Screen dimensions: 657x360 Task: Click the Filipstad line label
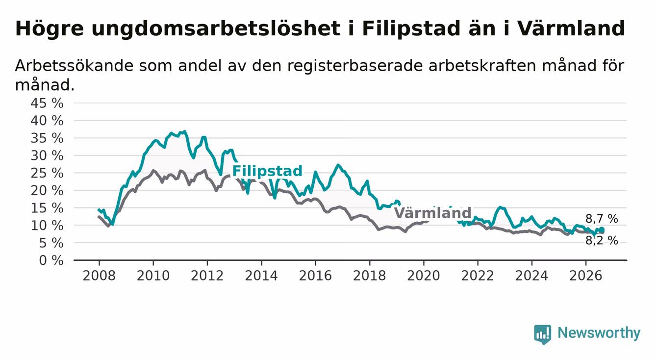(x=267, y=171)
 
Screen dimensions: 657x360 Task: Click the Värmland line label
(x=432, y=213)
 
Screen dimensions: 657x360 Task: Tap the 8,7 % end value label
(x=602, y=219)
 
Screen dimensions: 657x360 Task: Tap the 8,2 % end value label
(x=602, y=241)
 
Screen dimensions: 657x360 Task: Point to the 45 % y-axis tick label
(x=47, y=103)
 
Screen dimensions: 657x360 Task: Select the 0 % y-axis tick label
(x=51, y=260)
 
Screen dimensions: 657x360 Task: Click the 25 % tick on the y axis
(x=47, y=173)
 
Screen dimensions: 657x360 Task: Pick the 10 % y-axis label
(x=47, y=226)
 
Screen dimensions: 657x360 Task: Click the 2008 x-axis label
(x=99, y=276)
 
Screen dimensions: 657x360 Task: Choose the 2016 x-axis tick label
(x=315, y=276)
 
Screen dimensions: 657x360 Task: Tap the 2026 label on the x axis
(x=586, y=276)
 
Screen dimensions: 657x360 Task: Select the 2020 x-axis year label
(x=424, y=276)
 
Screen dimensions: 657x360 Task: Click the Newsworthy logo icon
(x=543, y=334)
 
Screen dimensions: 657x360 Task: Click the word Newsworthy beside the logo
(x=599, y=333)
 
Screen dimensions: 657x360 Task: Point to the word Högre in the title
(x=50, y=29)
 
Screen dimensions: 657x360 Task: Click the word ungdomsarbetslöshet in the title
(x=216, y=29)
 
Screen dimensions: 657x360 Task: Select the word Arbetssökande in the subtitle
(x=74, y=65)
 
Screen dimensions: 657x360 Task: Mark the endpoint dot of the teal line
(x=602, y=230)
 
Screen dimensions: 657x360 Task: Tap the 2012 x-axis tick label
(x=207, y=276)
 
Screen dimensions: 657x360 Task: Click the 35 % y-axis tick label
(x=47, y=138)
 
